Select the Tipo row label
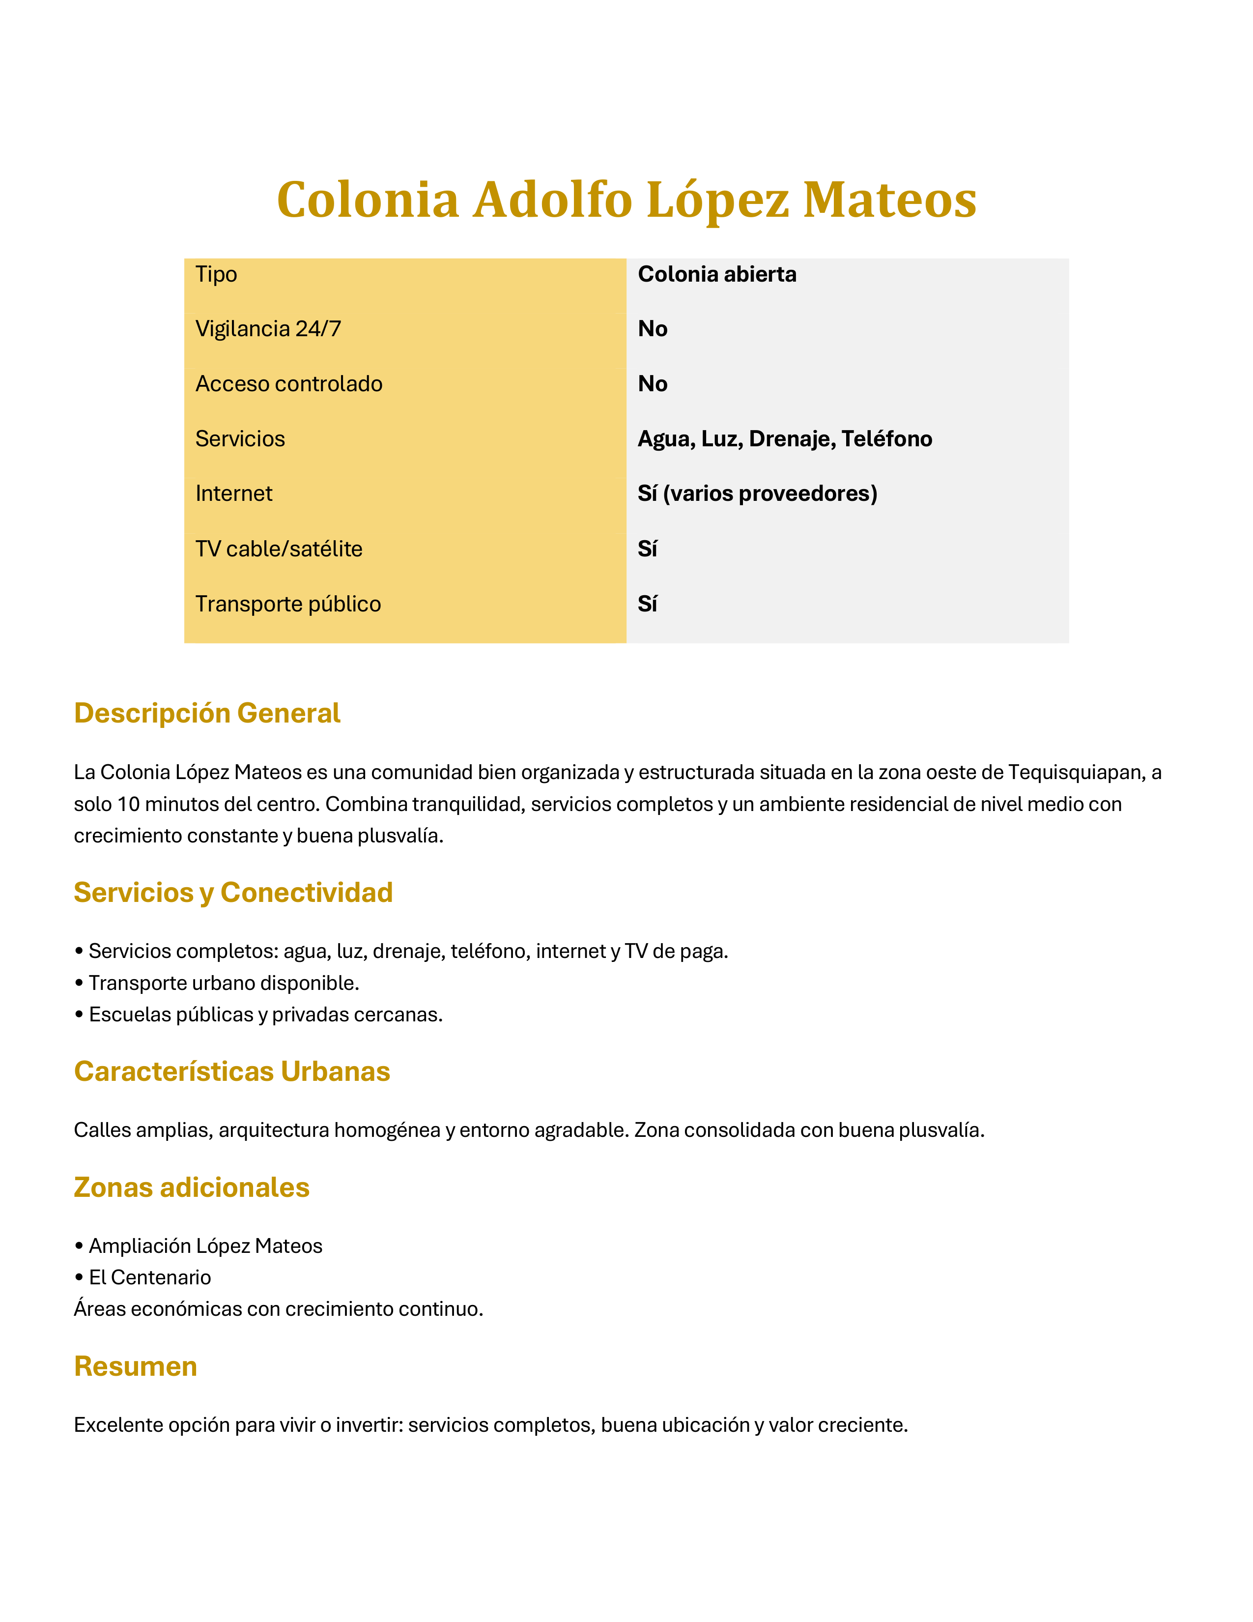[x=216, y=275]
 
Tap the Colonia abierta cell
[x=716, y=275]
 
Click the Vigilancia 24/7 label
[x=268, y=329]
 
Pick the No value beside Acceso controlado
[x=653, y=384]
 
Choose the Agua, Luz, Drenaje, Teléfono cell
[x=785, y=439]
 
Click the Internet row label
[x=234, y=494]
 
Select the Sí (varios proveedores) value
[x=757, y=494]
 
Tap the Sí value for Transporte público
[x=647, y=604]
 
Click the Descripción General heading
[x=207, y=713]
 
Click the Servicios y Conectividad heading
[x=233, y=892]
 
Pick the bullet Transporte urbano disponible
[x=224, y=983]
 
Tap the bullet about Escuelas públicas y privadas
[x=265, y=1014]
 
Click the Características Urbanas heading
[x=231, y=1071]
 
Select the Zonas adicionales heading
[x=192, y=1187]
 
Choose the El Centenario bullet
[x=149, y=1277]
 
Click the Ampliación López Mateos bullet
[x=205, y=1245]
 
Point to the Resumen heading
[x=136, y=1366]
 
